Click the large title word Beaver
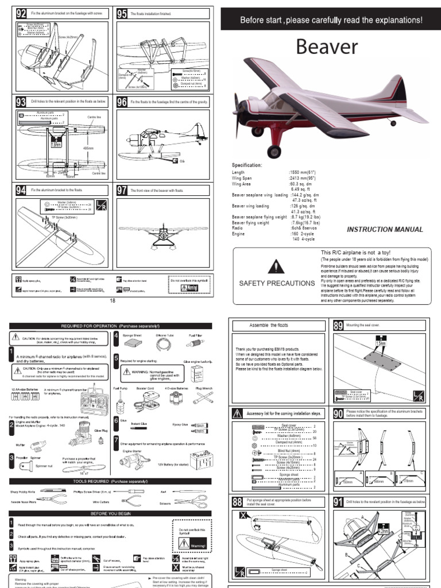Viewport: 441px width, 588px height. [327, 47]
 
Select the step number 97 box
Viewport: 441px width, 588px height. [122, 191]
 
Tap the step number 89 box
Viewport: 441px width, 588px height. [337, 326]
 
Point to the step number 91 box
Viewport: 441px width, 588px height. [337, 501]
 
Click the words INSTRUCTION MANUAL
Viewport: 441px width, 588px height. [385, 230]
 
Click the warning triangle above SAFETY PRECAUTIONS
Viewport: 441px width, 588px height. [277, 266]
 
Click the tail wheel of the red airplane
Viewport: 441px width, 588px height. [393, 123]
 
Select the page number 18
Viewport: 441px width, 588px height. [113, 300]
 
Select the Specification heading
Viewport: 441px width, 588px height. [247, 165]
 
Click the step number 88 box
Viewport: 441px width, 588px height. [238, 501]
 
